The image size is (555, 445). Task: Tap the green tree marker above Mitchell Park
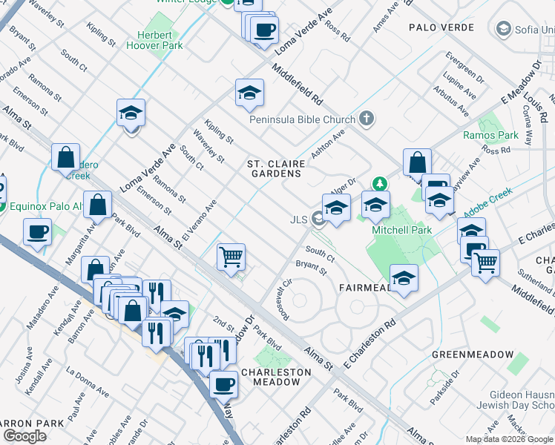[x=380, y=182]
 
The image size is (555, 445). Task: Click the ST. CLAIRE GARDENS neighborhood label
[x=275, y=168]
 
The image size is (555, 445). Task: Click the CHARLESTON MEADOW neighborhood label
[x=272, y=377]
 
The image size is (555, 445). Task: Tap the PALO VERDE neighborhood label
[x=441, y=27]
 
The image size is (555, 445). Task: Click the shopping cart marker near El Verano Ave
[x=231, y=257]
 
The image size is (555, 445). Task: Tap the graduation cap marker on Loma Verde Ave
[x=131, y=113]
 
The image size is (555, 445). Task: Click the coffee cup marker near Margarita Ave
[x=37, y=231]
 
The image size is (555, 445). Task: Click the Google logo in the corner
[x=24, y=436]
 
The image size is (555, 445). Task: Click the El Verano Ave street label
[x=200, y=220]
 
